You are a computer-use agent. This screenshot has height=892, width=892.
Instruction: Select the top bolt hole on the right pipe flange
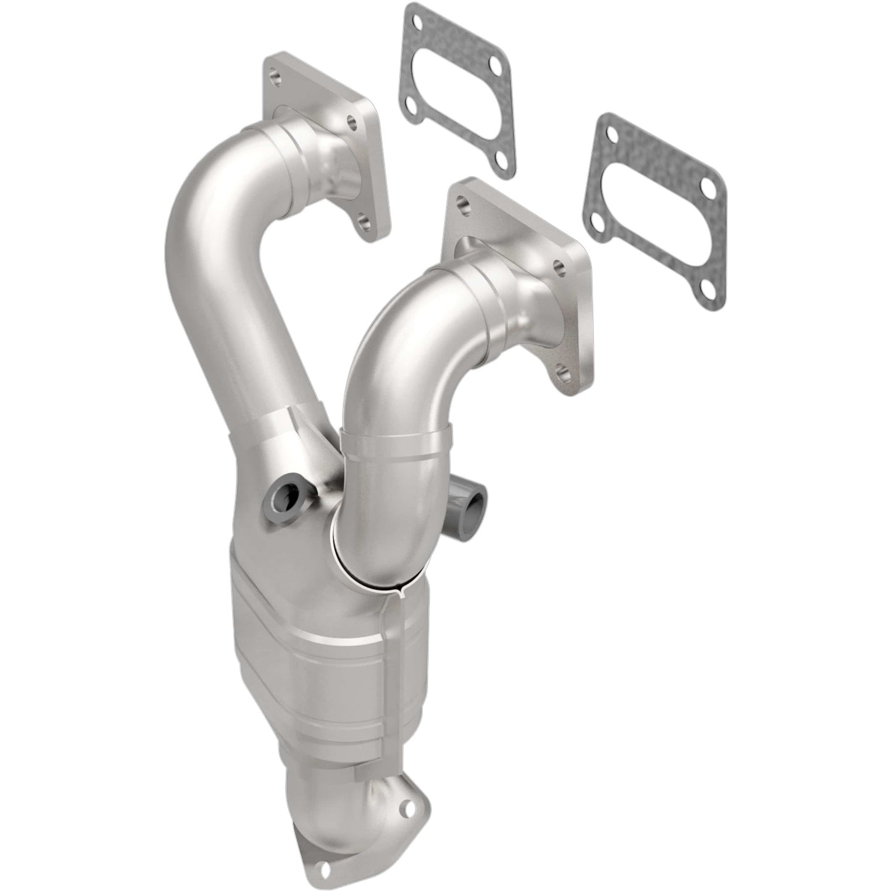[x=462, y=201]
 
